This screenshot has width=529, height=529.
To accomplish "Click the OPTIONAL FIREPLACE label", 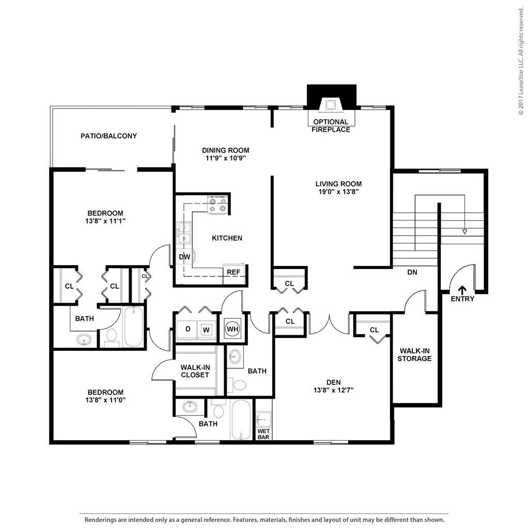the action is tap(331, 126).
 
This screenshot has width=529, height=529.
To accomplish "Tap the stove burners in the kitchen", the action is tap(217, 205).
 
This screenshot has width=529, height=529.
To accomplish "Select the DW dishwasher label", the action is tap(184, 257).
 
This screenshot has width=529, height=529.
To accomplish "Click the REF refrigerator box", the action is tap(234, 272).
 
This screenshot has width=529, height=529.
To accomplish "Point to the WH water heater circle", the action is tap(232, 329).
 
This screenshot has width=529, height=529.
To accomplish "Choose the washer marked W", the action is tap(206, 330).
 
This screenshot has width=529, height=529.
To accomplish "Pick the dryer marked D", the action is tap(188, 329).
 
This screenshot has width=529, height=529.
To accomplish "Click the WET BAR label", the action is tap(263, 434).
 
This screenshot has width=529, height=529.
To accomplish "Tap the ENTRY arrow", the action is tap(462, 289).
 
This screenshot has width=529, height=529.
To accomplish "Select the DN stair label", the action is tap(412, 272).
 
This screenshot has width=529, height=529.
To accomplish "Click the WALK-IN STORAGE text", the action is tap(414, 354).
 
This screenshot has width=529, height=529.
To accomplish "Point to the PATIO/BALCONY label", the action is tap(108, 136).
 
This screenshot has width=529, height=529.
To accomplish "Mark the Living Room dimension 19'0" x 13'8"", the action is tap(338, 192).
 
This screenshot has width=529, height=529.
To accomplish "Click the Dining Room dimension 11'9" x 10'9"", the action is tap(225, 158).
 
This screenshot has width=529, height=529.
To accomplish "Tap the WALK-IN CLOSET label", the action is tap(195, 371).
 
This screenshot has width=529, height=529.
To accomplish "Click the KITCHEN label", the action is tap(227, 238).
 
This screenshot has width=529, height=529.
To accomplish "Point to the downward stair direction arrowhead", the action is tap(464, 232).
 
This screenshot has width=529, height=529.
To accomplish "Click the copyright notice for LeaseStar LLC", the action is tap(522, 61).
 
